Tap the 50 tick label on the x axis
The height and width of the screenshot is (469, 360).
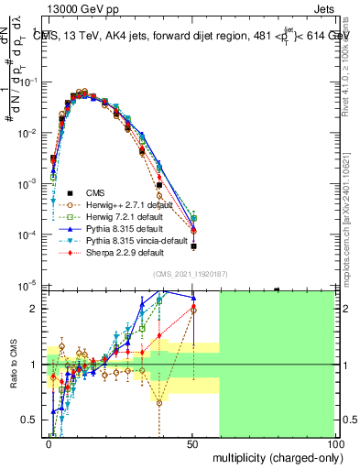(x=191, y=442)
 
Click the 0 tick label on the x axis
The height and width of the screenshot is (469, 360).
(x=48, y=442)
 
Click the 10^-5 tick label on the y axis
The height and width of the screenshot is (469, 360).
(x=29, y=286)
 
